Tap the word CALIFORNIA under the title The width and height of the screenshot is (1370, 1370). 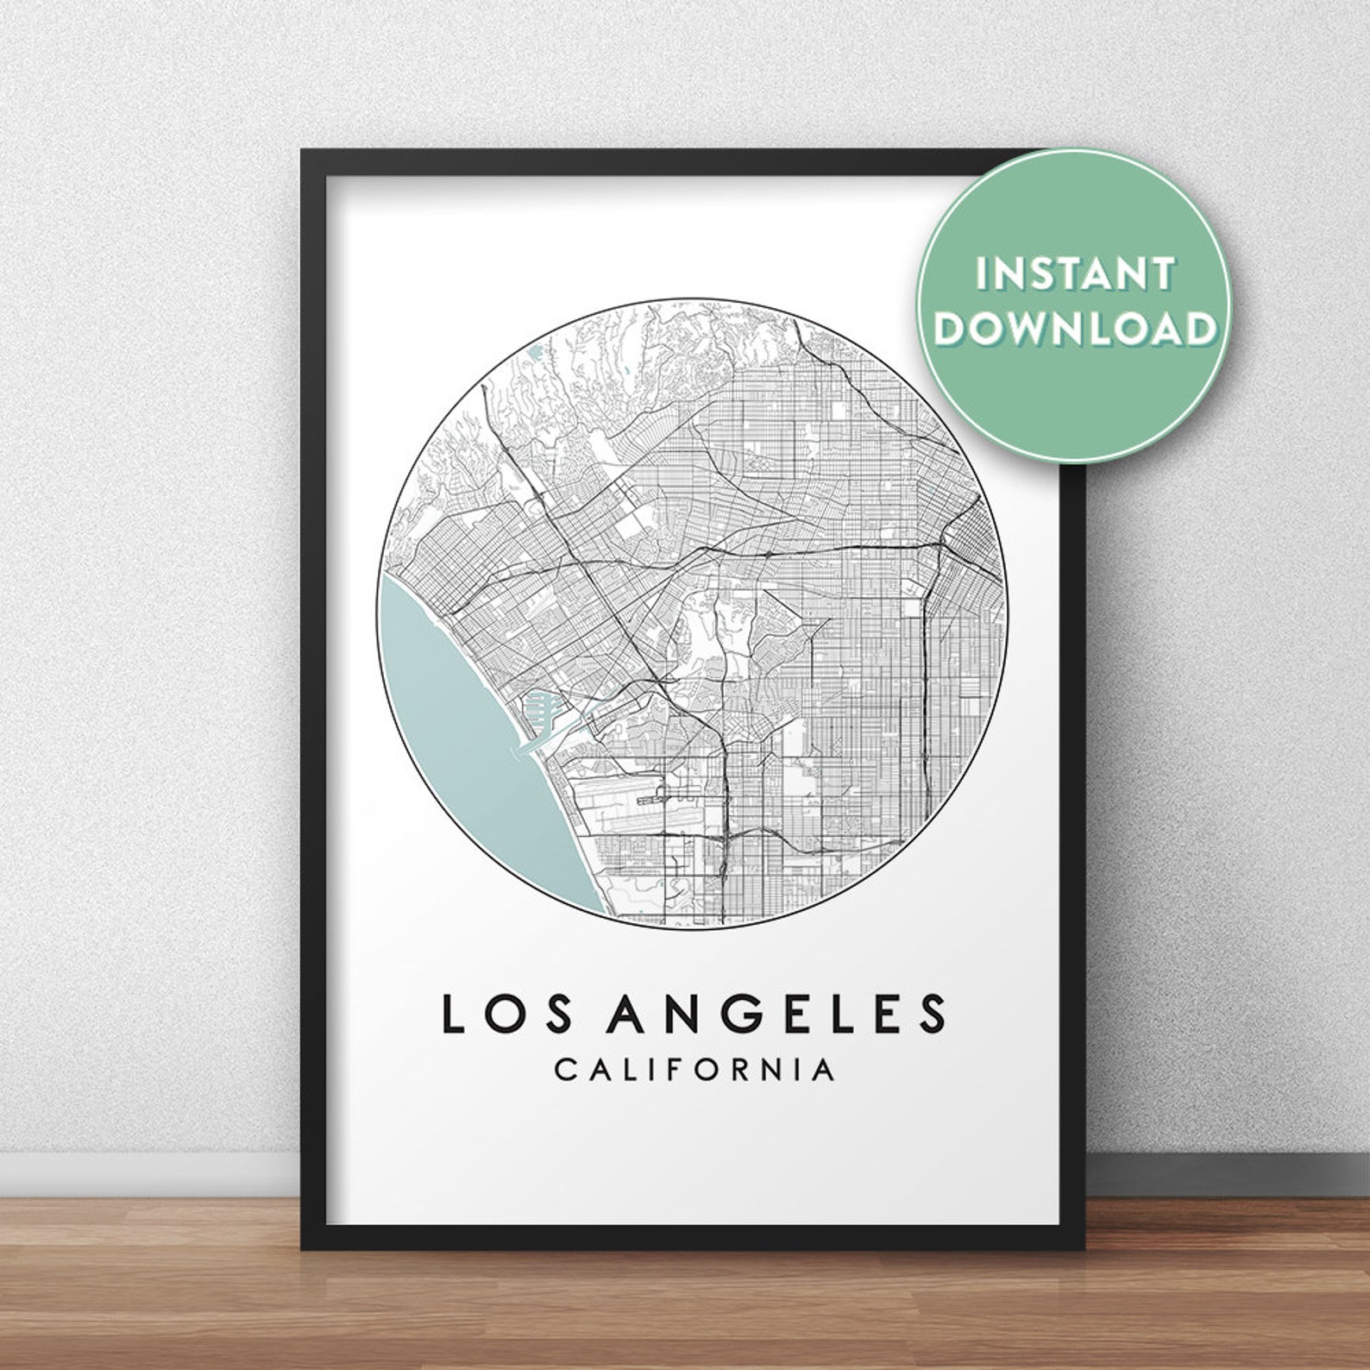(694, 1070)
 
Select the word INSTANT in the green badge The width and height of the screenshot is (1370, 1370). (1075, 274)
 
